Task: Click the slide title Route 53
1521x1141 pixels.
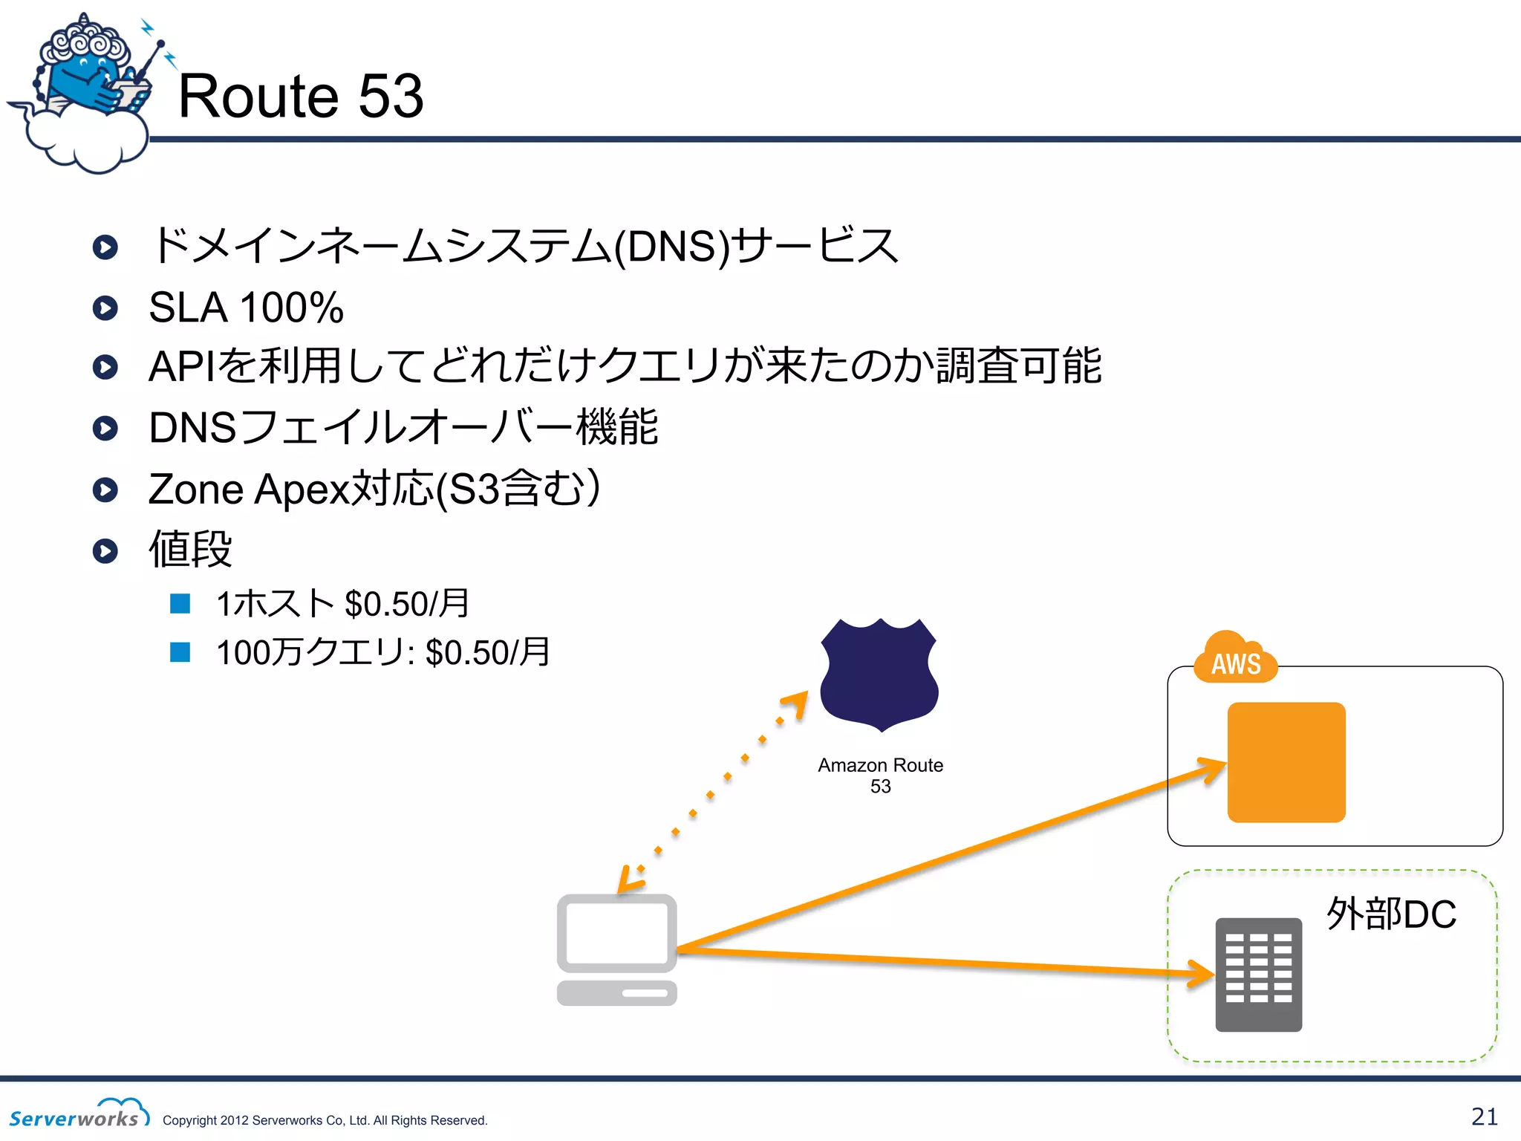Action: tap(301, 97)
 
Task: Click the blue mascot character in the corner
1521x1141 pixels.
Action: tap(85, 82)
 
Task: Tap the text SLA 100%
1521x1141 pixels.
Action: tap(246, 308)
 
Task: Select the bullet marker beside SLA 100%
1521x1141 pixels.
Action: tap(105, 308)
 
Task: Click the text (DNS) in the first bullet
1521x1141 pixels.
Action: tap(673, 247)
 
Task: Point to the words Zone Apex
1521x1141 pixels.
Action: tap(248, 489)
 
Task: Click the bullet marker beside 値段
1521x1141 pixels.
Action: tap(105, 550)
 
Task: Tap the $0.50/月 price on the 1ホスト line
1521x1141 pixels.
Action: tap(407, 603)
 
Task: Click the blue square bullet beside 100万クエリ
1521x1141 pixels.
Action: tap(180, 652)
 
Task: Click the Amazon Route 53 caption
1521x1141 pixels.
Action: tap(880, 775)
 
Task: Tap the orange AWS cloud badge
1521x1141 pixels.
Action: tap(1236, 660)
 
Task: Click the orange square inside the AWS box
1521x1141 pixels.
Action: tap(1286, 762)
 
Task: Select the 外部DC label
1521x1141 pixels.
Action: tap(1391, 914)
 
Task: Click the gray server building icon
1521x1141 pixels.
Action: tap(1258, 975)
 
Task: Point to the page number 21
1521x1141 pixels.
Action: tap(1485, 1116)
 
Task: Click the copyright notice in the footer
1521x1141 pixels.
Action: tap(325, 1120)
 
